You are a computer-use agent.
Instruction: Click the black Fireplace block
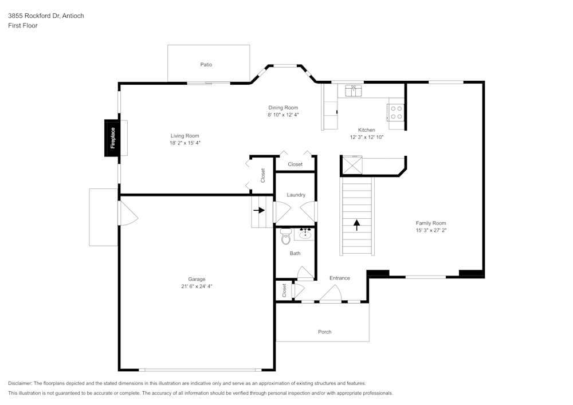112,138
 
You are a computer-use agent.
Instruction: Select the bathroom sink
305,234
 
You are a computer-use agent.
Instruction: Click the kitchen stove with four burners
396,112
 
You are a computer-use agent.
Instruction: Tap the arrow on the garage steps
259,210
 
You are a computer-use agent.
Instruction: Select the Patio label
206,65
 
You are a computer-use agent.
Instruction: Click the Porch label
324,332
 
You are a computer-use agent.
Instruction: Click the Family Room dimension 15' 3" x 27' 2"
431,230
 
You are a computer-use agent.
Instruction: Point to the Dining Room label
283,108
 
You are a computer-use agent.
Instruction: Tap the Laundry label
296,195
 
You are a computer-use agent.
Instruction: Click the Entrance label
339,278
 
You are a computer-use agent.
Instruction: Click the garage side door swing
127,213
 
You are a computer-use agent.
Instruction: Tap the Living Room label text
185,136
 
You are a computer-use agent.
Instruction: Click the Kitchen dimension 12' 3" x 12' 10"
366,137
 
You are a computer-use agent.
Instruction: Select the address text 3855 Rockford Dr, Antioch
46,16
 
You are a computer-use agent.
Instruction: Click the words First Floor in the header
23,26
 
